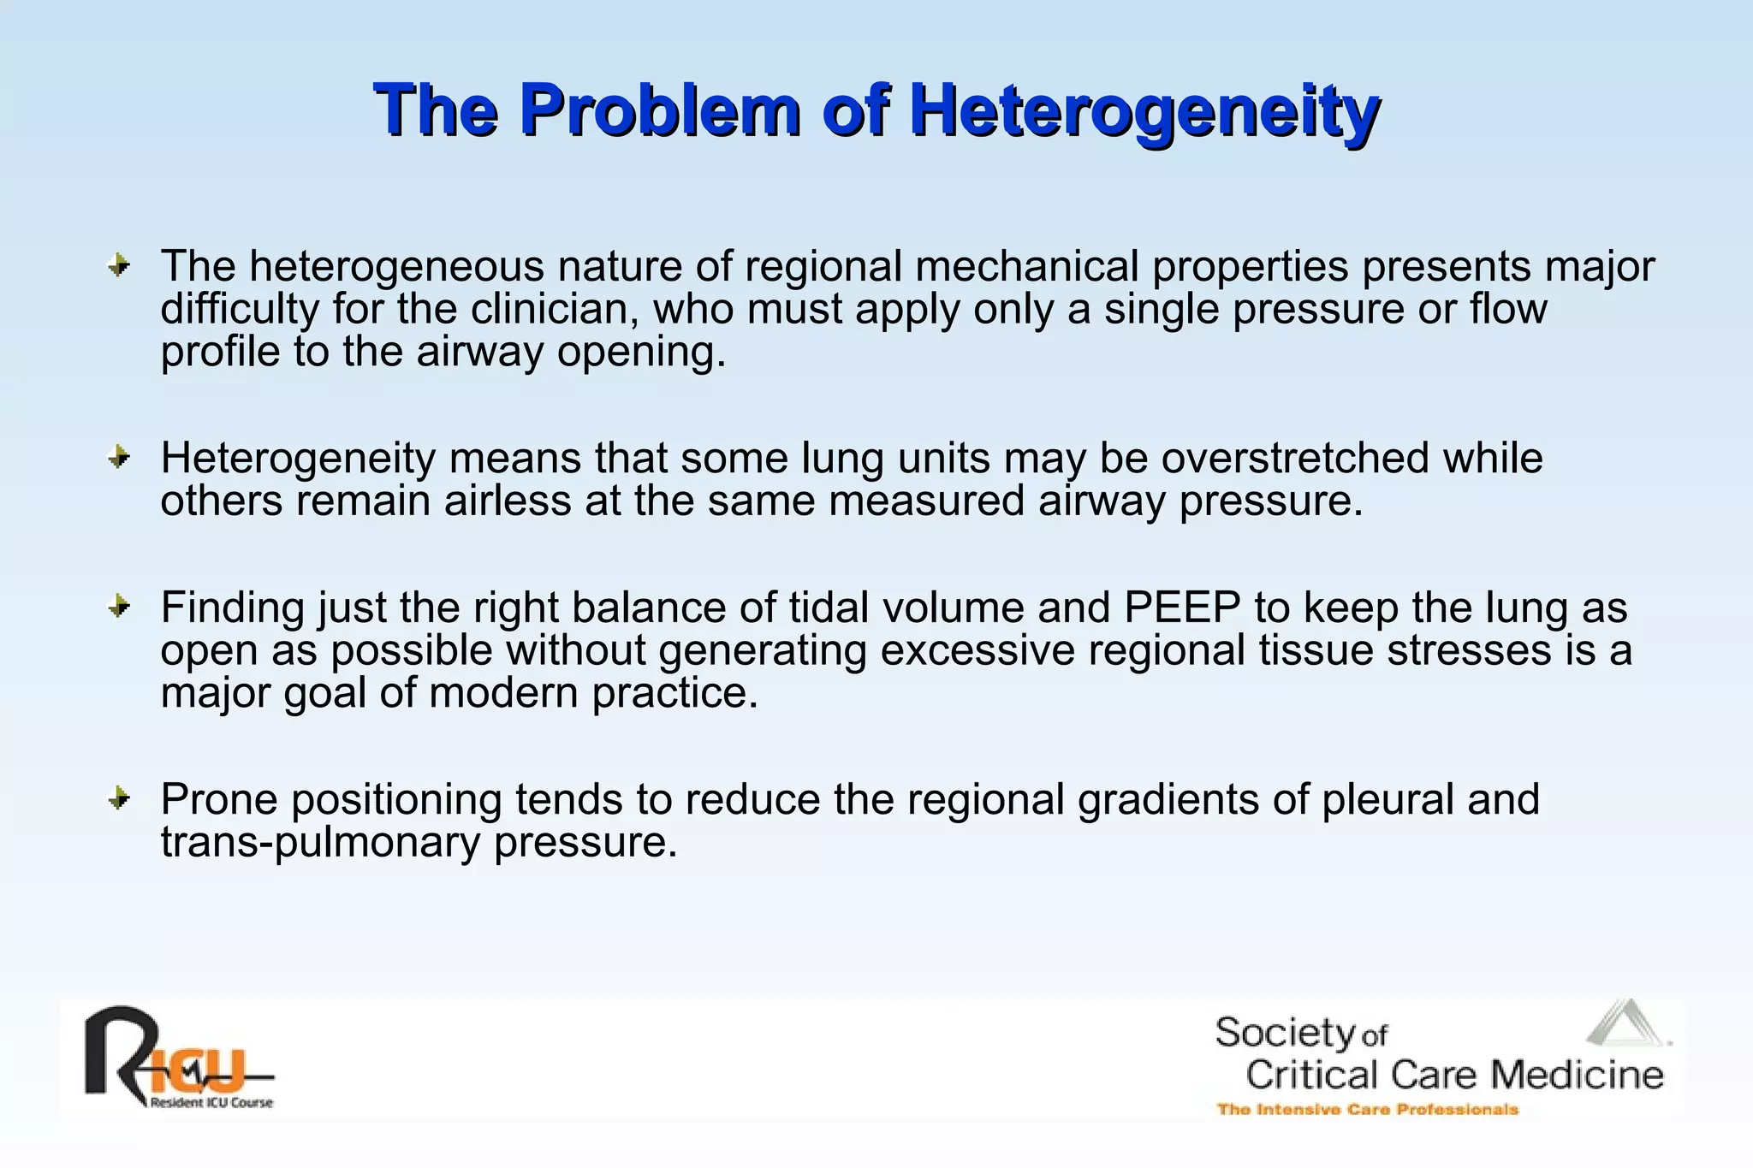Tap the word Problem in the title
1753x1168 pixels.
point(659,111)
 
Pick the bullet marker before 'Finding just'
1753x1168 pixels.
point(119,607)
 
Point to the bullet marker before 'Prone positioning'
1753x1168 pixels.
point(119,799)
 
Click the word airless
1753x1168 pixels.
point(508,501)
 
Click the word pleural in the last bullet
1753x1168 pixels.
point(1388,799)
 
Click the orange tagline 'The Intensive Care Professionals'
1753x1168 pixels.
point(1367,1110)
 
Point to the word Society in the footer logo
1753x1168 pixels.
point(1285,1033)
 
